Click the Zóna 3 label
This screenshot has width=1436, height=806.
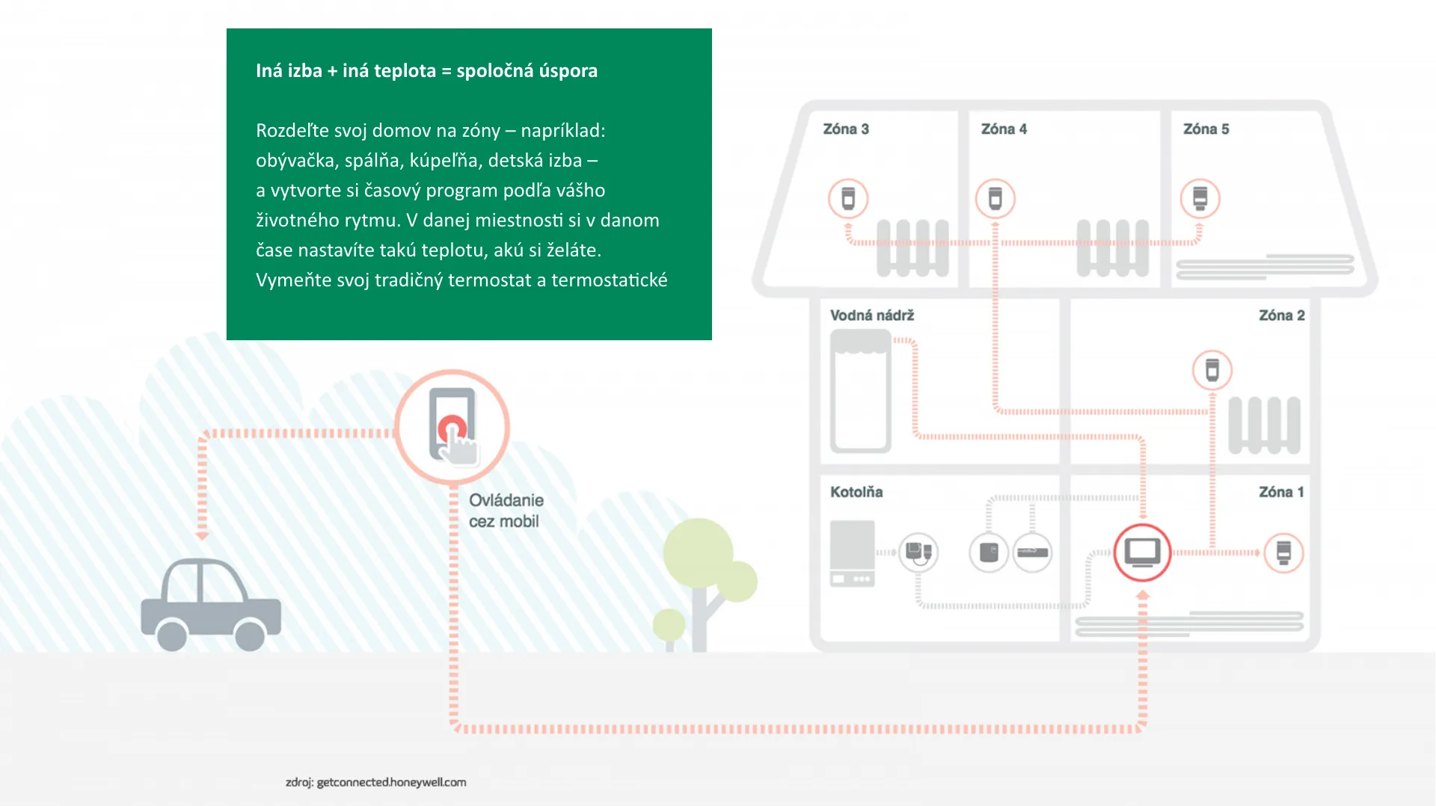(x=846, y=129)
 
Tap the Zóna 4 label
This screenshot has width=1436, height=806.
(x=1004, y=129)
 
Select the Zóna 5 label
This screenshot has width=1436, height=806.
(x=1206, y=129)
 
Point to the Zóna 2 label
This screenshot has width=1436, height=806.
(x=1281, y=316)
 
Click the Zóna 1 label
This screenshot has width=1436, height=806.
(x=1281, y=492)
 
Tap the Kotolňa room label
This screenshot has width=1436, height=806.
(x=856, y=492)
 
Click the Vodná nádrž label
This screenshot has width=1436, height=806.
(x=872, y=316)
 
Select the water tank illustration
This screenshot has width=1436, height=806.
(x=861, y=391)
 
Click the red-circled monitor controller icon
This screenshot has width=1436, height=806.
(x=1142, y=553)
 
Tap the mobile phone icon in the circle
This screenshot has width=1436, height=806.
(x=452, y=426)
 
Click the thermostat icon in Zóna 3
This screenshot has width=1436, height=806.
(x=848, y=199)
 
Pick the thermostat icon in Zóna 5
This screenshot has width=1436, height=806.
(x=1200, y=199)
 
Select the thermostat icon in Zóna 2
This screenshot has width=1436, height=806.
(x=1212, y=370)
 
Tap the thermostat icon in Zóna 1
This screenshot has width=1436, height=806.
(x=1283, y=553)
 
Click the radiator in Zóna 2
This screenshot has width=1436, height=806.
(x=1265, y=425)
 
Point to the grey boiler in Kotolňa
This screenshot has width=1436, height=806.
(x=853, y=553)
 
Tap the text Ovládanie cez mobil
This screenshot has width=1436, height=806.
(x=506, y=511)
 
